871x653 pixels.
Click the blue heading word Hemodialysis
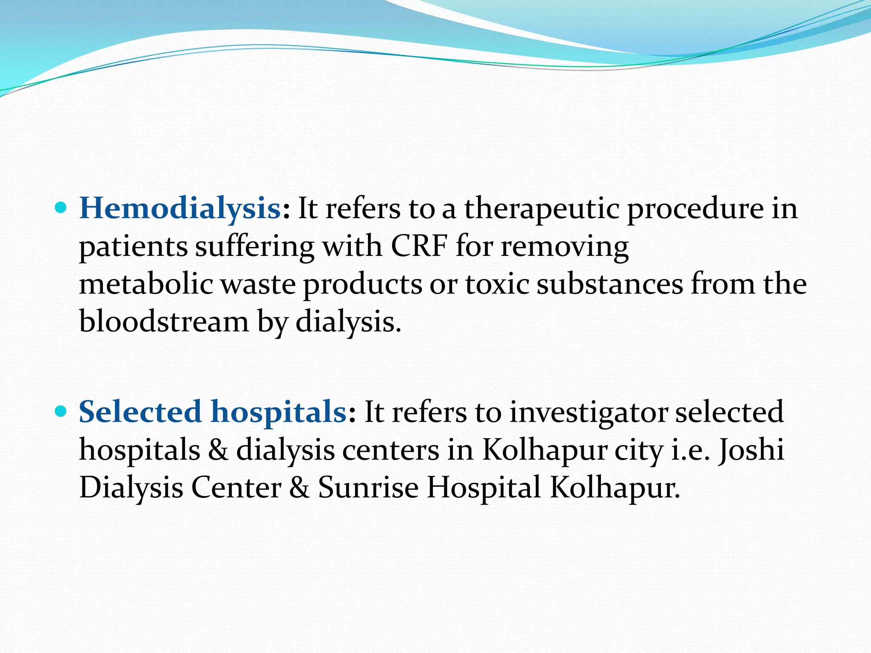(x=179, y=208)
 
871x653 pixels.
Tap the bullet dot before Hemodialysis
(x=61, y=208)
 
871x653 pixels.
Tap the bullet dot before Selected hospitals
(x=61, y=412)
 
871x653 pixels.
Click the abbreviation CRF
(x=419, y=246)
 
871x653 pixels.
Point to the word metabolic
(x=146, y=284)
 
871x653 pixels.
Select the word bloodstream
(x=164, y=321)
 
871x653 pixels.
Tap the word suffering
(x=254, y=247)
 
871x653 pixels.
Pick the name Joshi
(x=751, y=450)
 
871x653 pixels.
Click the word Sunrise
(x=368, y=487)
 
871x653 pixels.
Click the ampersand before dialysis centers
(x=218, y=450)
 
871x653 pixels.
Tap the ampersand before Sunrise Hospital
(x=299, y=487)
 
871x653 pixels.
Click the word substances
(x=609, y=284)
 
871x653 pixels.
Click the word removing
(x=564, y=247)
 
